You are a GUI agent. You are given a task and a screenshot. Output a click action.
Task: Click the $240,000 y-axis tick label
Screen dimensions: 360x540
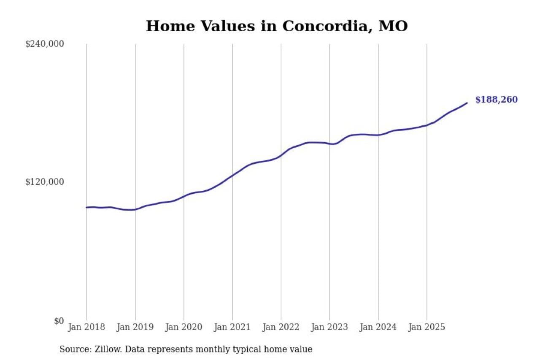tap(45, 44)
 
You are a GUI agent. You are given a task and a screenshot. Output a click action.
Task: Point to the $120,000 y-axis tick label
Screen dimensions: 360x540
tap(45, 182)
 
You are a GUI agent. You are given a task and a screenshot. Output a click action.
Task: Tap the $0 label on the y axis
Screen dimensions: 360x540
tap(59, 321)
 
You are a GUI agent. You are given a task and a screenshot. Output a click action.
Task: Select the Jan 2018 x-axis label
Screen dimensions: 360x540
tap(86, 327)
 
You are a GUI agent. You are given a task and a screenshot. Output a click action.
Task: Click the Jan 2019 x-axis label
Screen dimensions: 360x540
tap(135, 327)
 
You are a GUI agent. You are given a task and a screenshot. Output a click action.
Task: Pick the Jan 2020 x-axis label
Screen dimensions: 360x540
tap(184, 327)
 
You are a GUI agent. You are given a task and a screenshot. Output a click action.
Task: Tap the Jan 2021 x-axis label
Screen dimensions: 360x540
tap(232, 327)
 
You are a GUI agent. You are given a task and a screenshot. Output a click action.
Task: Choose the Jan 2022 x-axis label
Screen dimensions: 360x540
tap(281, 327)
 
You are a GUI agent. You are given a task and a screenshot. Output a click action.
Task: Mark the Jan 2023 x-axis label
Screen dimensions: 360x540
tap(329, 327)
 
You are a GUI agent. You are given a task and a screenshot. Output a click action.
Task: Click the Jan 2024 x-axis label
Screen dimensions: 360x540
tap(378, 327)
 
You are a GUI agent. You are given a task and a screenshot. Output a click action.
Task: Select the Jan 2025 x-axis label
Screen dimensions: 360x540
tap(427, 327)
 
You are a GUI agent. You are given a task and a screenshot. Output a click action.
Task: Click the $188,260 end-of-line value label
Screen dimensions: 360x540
tap(496, 100)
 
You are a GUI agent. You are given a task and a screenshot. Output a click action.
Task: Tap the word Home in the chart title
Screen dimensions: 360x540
tap(165, 26)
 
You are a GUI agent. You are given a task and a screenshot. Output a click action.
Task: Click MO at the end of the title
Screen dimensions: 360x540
tap(393, 26)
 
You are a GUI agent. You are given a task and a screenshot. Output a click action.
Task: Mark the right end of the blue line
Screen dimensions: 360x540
tap(467, 103)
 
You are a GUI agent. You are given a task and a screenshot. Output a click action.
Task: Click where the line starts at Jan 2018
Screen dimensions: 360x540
tap(86, 207)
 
